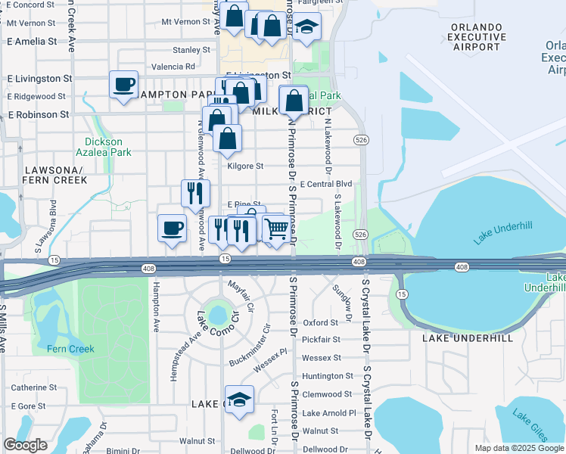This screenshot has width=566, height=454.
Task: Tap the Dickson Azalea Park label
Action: [x=108, y=147]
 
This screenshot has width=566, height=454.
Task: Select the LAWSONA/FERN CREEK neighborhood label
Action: [x=54, y=176]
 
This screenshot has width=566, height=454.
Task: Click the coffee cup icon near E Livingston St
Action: [x=123, y=86]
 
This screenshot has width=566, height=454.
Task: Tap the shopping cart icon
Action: [x=277, y=228]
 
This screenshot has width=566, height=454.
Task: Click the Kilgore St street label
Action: [x=245, y=166]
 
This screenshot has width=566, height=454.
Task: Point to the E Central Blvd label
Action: [x=326, y=184]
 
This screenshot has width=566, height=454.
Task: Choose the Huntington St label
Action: [x=327, y=376]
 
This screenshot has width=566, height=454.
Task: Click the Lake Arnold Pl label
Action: [x=328, y=413]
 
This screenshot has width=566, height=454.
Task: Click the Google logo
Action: [x=25, y=445]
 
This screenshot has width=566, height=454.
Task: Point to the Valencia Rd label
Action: [x=173, y=67]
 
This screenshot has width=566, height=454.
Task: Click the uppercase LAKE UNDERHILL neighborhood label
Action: [x=468, y=337]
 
